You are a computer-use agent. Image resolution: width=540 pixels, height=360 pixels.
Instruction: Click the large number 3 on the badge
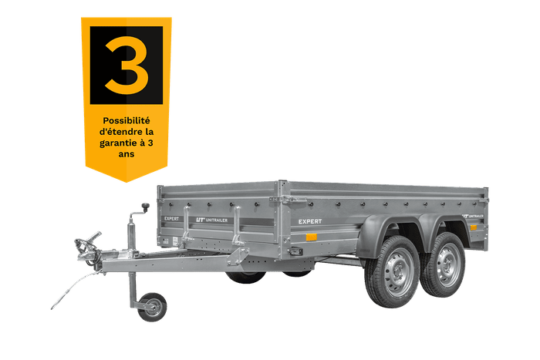(126, 66)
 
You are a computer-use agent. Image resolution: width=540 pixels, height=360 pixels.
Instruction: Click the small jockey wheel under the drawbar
(152, 306)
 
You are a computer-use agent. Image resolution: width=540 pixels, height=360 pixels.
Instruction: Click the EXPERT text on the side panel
(310, 221)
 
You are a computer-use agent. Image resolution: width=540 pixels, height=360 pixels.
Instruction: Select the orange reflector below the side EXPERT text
(312, 236)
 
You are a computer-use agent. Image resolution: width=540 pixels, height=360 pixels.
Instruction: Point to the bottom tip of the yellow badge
(126, 182)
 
